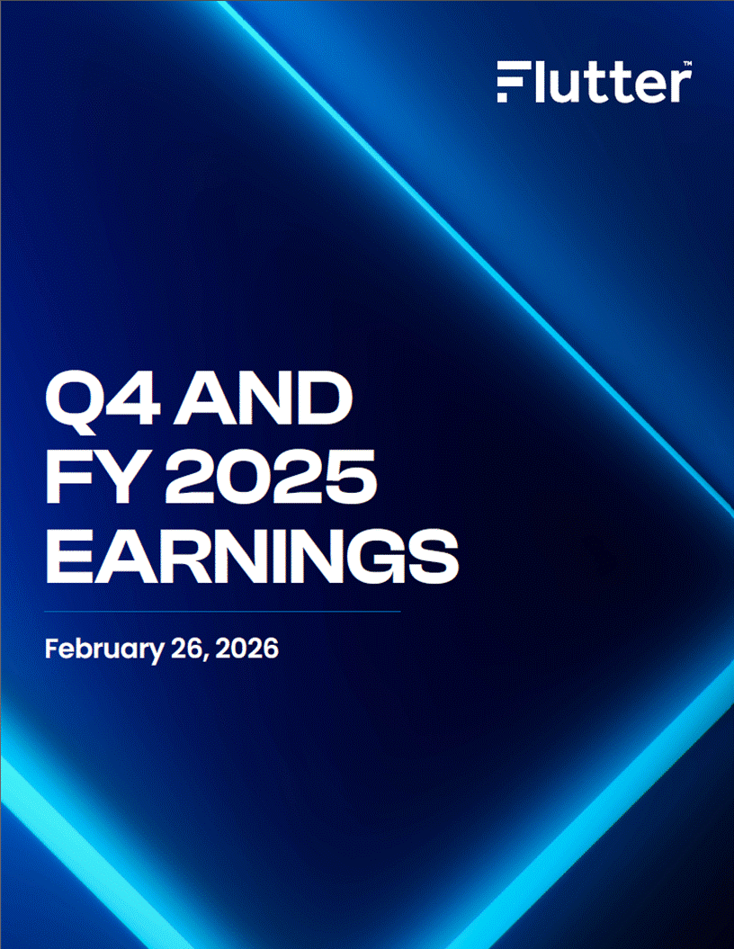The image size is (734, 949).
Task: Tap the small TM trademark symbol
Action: click(x=687, y=63)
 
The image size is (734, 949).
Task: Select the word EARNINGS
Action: click(x=253, y=557)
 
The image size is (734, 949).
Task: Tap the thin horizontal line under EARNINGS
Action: click(x=222, y=612)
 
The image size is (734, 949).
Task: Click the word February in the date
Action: click(x=104, y=649)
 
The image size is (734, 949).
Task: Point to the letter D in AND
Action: click(x=325, y=398)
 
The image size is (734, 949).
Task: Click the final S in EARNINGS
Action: click(x=431, y=557)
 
